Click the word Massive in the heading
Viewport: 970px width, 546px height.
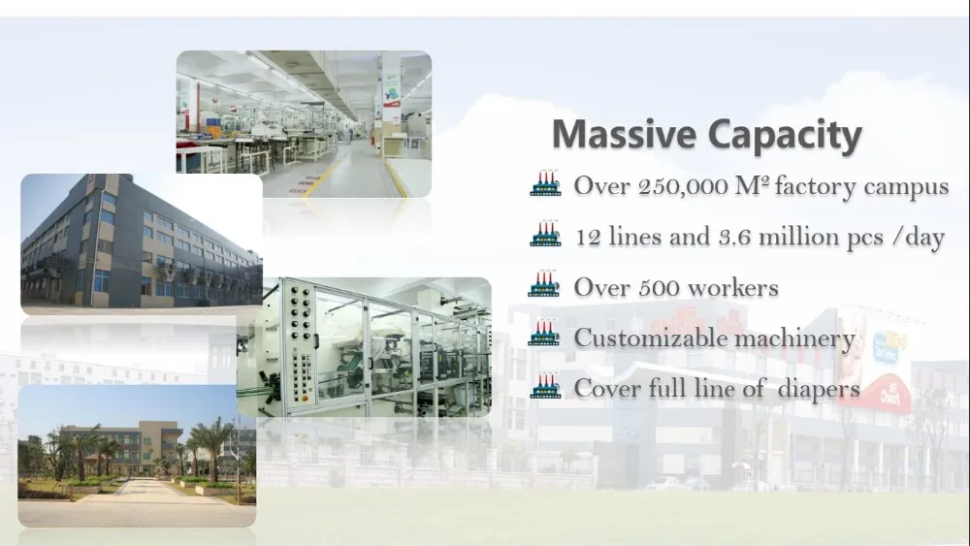[x=624, y=134]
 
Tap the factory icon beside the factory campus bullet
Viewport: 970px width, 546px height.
[x=545, y=183]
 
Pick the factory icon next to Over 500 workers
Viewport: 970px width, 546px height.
[x=544, y=284]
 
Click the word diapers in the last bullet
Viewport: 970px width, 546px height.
[x=819, y=390]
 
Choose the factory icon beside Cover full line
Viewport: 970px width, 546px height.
[x=545, y=385]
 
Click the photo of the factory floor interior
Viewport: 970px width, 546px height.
[x=304, y=124]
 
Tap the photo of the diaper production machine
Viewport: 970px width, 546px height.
[x=365, y=347]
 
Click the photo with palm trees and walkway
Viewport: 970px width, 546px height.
[x=137, y=457]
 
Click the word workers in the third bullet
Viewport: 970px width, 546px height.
[x=733, y=287]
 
